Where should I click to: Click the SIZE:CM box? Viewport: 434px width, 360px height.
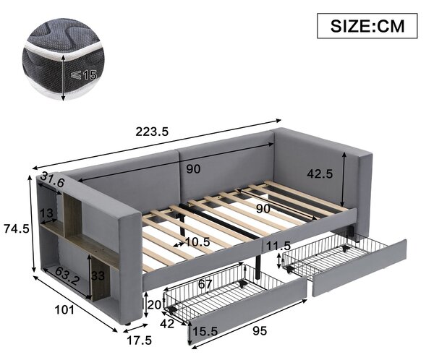pos(367,25)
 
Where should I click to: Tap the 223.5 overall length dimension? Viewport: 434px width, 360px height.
pos(152,132)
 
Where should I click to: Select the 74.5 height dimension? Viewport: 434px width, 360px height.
pos(17,228)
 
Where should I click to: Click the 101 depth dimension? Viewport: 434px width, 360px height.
pos(65,309)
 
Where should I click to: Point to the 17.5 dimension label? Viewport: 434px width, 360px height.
pos(139,340)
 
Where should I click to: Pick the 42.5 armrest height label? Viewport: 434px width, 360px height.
pos(320,173)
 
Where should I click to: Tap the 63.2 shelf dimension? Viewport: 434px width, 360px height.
pos(67,276)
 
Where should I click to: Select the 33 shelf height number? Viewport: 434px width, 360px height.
pos(98,275)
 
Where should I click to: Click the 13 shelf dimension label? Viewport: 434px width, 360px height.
pos(46,213)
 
